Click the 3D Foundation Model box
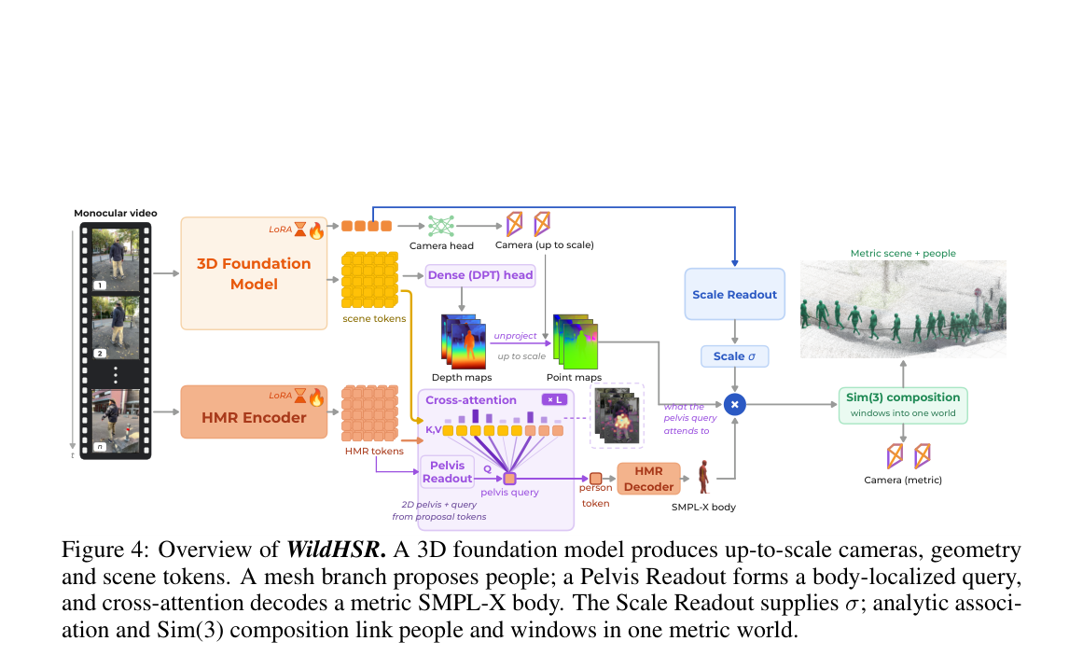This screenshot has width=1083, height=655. pyautogui.click(x=254, y=273)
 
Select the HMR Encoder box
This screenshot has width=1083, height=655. pyautogui.click(x=254, y=411)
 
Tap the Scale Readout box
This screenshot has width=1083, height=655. pyautogui.click(x=734, y=294)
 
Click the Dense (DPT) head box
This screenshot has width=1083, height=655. pyautogui.click(x=480, y=275)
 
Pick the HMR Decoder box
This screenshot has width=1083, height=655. pyautogui.click(x=648, y=479)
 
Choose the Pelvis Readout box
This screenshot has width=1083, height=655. pyautogui.click(x=447, y=472)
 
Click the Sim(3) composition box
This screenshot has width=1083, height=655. pyautogui.click(x=903, y=405)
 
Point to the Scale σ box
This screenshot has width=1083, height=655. pyautogui.click(x=734, y=356)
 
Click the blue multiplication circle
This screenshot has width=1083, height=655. pyautogui.click(x=734, y=404)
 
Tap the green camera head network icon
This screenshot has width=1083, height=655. pyautogui.click(x=440, y=226)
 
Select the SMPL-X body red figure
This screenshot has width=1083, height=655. pyautogui.click(x=704, y=478)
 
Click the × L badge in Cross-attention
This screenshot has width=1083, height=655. pyautogui.click(x=555, y=399)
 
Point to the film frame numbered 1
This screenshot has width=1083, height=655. pyautogui.click(x=116, y=259)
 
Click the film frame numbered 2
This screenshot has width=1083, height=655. pyautogui.click(x=116, y=327)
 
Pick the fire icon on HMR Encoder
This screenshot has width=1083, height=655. pyautogui.click(x=316, y=397)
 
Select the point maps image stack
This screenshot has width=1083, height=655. pyautogui.click(x=576, y=342)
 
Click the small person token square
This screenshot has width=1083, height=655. pyautogui.click(x=595, y=478)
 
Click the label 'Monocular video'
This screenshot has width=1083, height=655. pyautogui.click(x=116, y=213)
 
